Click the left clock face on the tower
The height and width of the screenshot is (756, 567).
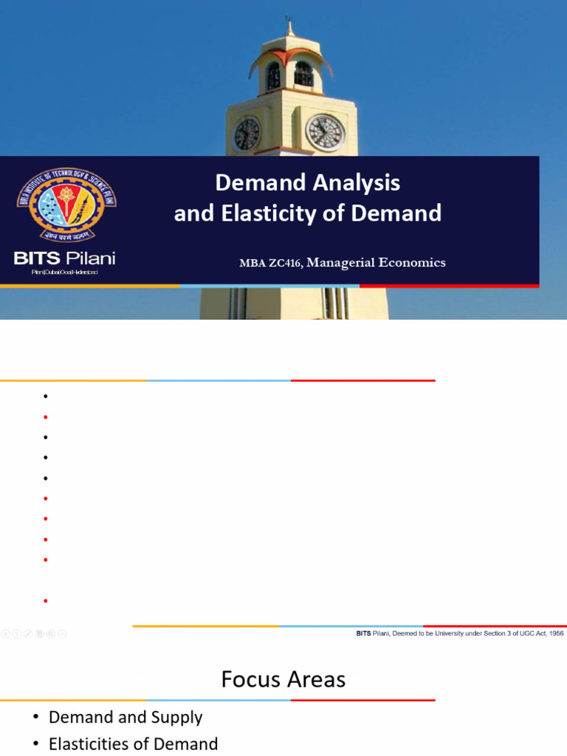point(247,134)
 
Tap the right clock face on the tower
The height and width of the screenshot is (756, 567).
point(326,133)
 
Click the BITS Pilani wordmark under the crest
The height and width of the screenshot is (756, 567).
point(65,258)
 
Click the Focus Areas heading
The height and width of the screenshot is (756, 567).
point(283,679)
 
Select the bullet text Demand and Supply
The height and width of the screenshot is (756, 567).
point(126,717)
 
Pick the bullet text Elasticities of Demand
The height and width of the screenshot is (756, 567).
point(134,743)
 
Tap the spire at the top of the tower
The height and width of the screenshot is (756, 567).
point(290,28)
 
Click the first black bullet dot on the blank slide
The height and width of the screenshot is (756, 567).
point(46,396)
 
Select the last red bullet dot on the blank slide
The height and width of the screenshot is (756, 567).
point(46,601)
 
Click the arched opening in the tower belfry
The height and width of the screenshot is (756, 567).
point(303,74)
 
